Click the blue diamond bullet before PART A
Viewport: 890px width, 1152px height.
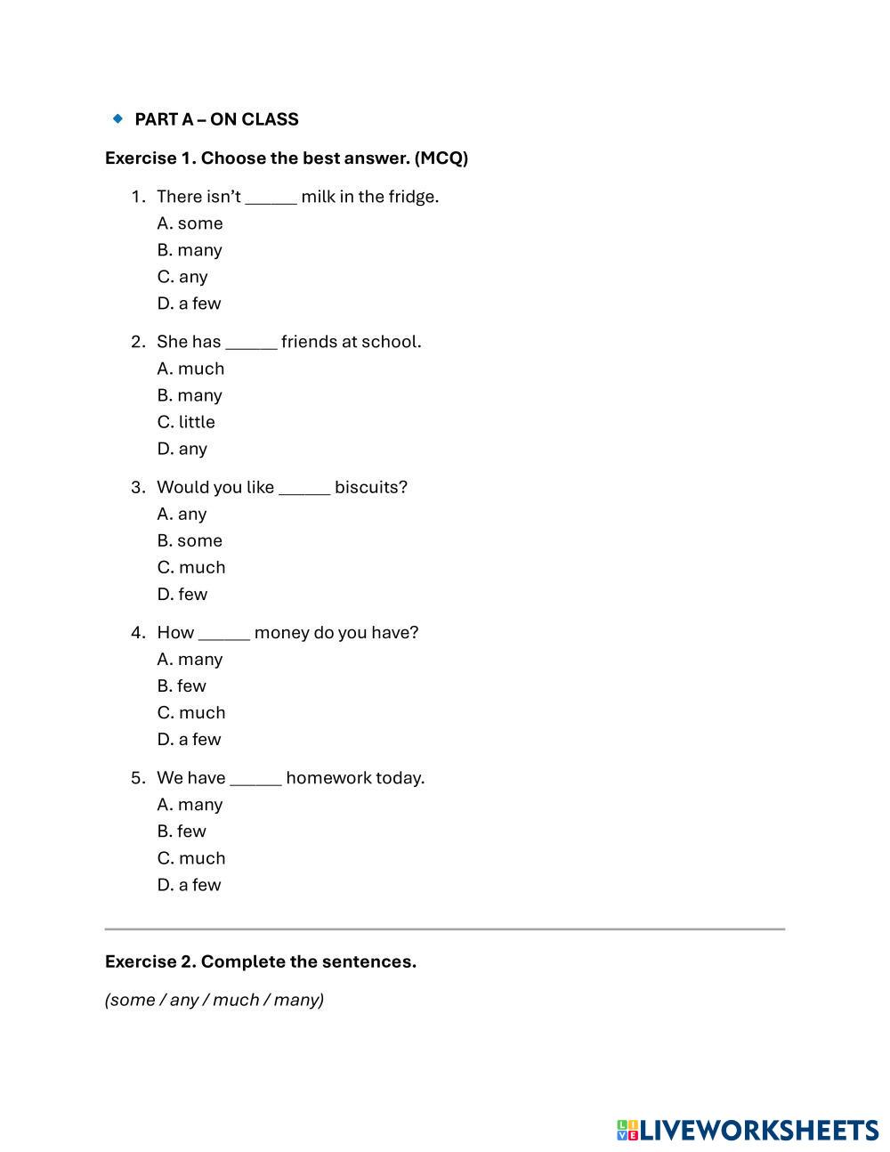tap(117, 118)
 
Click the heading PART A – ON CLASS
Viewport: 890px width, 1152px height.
tap(216, 119)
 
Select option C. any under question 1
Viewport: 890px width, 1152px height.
tap(182, 277)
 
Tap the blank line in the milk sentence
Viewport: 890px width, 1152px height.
tap(271, 198)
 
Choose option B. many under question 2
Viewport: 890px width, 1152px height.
tap(190, 395)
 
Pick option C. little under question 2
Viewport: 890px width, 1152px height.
tap(186, 422)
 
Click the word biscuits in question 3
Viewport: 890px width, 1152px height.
tap(370, 488)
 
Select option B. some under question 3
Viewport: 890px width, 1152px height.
tap(190, 540)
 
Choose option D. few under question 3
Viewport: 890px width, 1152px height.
tap(182, 594)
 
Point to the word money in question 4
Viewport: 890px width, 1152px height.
tap(281, 633)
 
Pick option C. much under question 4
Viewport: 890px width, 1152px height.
tap(191, 713)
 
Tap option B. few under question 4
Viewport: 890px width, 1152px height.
tap(182, 686)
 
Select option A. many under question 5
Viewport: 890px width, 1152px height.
tap(190, 805)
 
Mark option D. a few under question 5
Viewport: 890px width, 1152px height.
tap(189, 885)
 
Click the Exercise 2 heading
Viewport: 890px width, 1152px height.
tap(261, 961)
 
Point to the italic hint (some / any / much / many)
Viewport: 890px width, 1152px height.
tap(214, 1000)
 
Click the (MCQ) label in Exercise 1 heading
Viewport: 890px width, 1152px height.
tap(441, 158)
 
